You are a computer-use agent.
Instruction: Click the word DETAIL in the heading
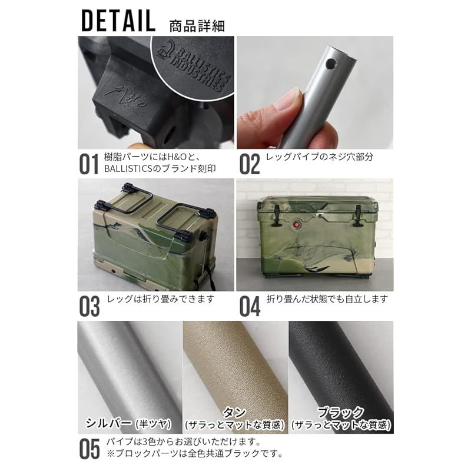[x=118, y=21]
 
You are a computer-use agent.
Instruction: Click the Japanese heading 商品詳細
[x=197, y=26]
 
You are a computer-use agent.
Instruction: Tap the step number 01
[x=89, y=164]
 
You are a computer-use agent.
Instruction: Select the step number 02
[x=249, y=164]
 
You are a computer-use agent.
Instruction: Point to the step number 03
[x=89, y=306]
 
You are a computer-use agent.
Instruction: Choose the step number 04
[x=250, y=306]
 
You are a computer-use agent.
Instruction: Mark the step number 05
[x=89, y=449]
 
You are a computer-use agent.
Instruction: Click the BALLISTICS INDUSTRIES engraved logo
[x=193, y=67]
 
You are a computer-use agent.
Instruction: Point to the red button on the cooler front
[x=297, y=225]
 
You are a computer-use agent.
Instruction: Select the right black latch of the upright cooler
[x=358, y=215]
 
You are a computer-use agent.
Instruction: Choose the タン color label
[x=234, y=413]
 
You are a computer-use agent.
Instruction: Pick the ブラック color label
[x=341, y=413]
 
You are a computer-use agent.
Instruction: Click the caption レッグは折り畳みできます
[x=161, y=300]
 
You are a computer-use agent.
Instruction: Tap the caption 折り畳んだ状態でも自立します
[x=327, y=300]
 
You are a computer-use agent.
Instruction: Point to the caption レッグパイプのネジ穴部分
[x=320, y=157]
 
